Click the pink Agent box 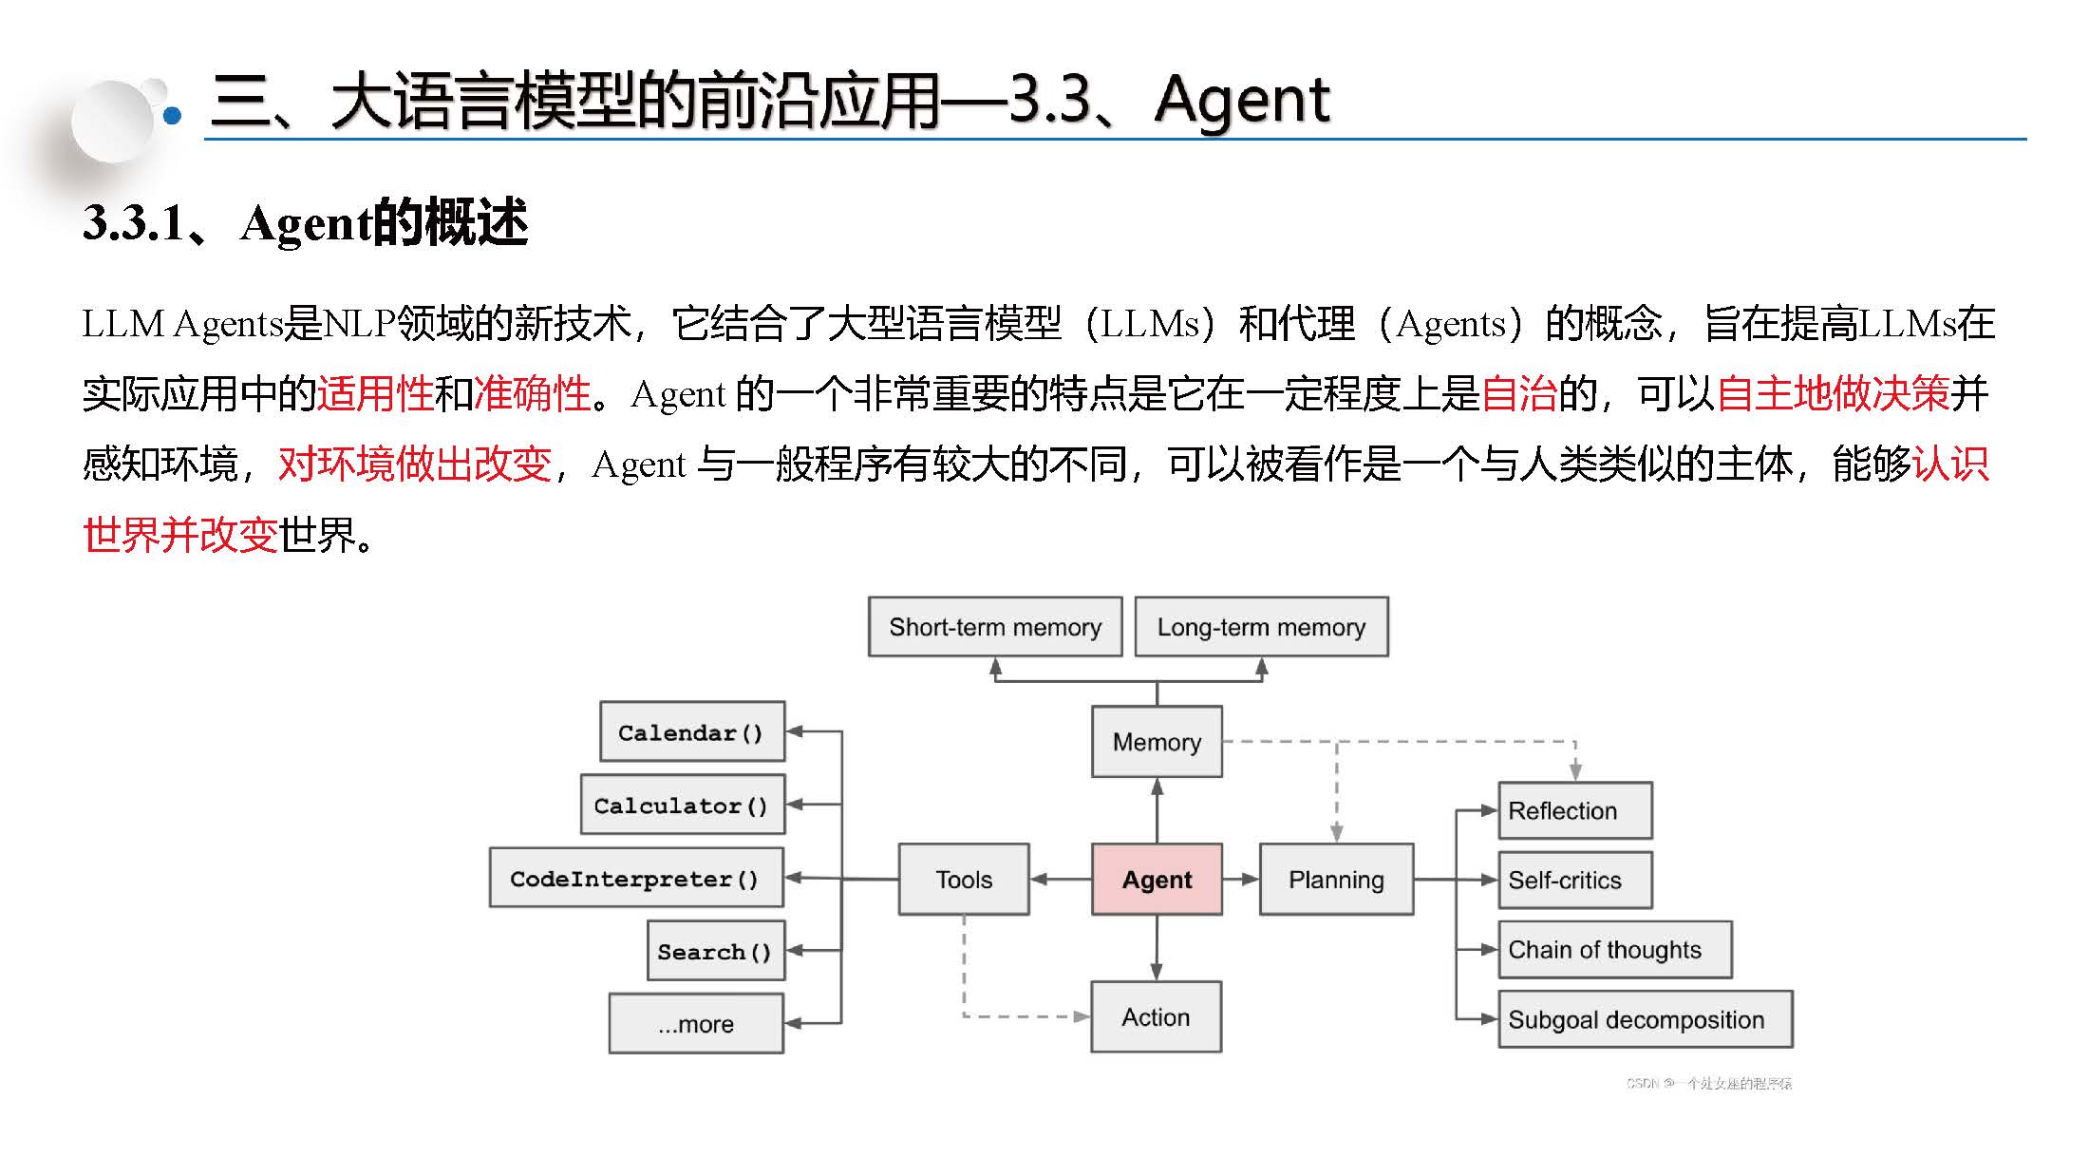point(1157,879)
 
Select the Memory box point(1157,741)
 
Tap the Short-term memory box point(995,627)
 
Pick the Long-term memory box point(1261,627)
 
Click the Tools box point(964,879)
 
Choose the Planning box point(1336,879)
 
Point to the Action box point(1156,1016)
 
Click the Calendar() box point(692,731)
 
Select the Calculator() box point(682,805)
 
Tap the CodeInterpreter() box point(636,878)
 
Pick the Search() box point(716,950)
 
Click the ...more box point(696,1023)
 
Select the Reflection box point(1574,810)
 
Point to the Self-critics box point(1574,880)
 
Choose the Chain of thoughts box point(1614,949)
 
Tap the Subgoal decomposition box point(1645,1019)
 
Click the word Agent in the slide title point(1242,101)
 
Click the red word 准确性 point(532,393)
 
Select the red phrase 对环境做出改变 point(415,464)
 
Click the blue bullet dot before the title point(172,116)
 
